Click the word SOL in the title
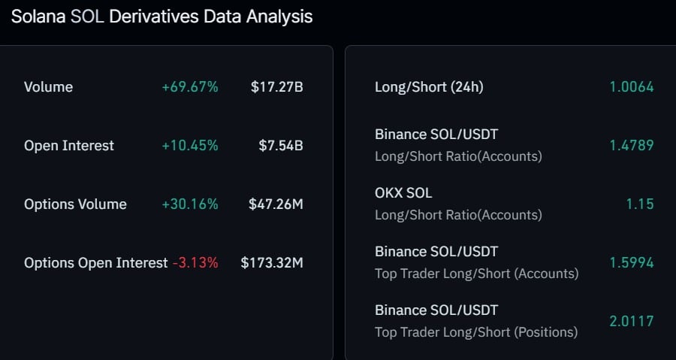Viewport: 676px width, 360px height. tap(87, 17)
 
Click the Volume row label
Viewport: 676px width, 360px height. tap(48, 87)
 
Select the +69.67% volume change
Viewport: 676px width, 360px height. tap(190, 87)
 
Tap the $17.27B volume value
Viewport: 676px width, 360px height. tap(276, 87)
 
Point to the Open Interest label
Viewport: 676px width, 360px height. tap(69, 146)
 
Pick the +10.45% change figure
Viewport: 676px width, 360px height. tap(190, 146)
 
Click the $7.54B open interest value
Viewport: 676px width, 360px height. tap(281, 146)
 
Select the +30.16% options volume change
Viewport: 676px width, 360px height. tap(190, 204)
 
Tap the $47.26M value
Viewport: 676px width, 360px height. tap(276, 204)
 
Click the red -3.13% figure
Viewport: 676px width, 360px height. tap(195, 263)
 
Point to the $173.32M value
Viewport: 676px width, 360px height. tap(272, 263)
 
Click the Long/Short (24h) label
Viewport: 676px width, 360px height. tap(429, 87)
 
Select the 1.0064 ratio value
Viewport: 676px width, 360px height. tap(632, 87)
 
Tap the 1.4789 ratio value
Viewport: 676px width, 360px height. tap(632, 146)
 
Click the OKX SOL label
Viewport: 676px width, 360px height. tap(403, 192)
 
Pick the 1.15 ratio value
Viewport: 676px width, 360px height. tap(640, 204)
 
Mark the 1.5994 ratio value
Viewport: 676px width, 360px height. tap(632, 263)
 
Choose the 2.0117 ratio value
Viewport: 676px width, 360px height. tap(632, 322)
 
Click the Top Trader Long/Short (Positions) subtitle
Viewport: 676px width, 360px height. tap(476, 332)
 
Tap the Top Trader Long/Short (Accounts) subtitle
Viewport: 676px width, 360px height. tap(477, 274)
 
